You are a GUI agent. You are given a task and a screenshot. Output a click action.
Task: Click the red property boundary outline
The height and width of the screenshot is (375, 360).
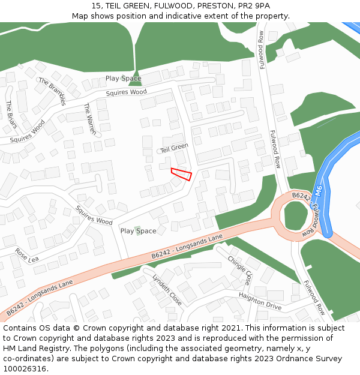tap(181, 174)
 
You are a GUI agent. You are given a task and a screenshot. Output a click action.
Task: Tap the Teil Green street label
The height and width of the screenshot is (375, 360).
tap(174, 146)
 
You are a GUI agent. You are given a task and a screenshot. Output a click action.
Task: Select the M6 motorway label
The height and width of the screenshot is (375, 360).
tap(319, 191)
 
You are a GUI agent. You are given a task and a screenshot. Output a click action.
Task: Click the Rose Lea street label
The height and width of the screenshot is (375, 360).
tap(26, 255)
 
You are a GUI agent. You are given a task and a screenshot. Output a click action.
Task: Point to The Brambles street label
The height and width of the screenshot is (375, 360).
tap(52, 91)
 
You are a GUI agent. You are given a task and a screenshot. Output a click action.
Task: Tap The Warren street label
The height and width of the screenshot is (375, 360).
tap(89, 118)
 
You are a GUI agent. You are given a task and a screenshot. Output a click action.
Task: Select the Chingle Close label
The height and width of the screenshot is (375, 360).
tap(241, 269)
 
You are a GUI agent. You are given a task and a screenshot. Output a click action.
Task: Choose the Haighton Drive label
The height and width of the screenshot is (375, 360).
tap(260, 301)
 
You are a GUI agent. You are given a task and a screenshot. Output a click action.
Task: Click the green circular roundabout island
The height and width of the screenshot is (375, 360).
tap(295, 215)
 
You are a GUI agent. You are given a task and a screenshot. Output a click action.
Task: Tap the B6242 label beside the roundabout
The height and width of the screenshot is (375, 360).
tap(301, 196)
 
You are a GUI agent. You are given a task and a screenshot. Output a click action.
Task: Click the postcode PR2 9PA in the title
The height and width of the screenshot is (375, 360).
tap(254, 5)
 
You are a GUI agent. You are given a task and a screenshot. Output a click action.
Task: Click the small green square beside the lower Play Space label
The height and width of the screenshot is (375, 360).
tap(139, 230)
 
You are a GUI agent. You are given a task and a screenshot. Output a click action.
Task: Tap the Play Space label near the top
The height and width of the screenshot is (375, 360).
tap(123, 79)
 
